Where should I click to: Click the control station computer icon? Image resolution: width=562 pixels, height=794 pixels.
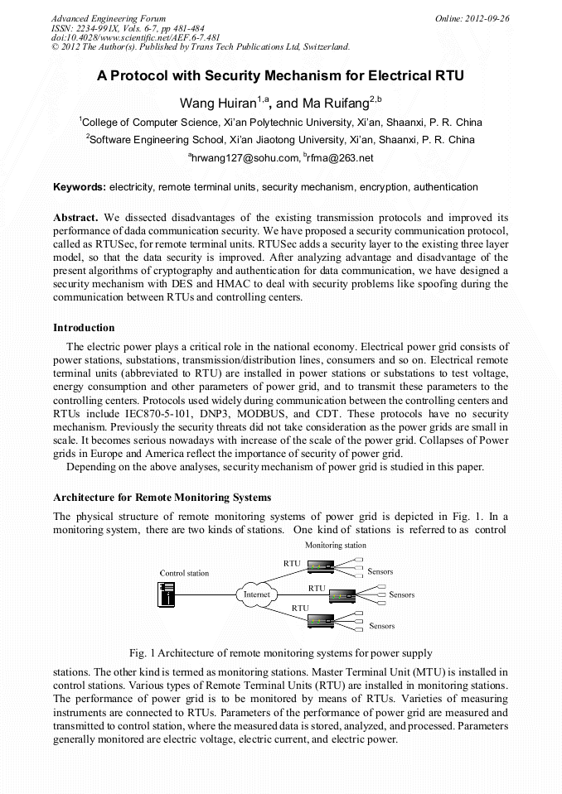tap(169, 594)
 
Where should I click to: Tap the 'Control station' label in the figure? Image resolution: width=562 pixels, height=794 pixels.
tap(184, 573)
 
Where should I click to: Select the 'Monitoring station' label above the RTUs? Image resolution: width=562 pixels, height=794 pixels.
tap(335, 546)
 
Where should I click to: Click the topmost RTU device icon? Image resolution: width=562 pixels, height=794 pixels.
tap(320, 567)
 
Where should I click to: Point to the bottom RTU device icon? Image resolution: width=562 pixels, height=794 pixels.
tap(320, 621)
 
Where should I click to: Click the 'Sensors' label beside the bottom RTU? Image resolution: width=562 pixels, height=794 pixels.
tap(381, 626)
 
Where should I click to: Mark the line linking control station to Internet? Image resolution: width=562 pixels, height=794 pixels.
tap(206, 594)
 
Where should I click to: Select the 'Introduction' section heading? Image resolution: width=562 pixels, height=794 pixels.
tap(84, 328)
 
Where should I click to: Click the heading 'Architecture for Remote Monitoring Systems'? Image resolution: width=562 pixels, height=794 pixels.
tap(162, 498)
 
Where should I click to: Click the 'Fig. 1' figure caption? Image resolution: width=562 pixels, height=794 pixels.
tap(281, 653)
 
